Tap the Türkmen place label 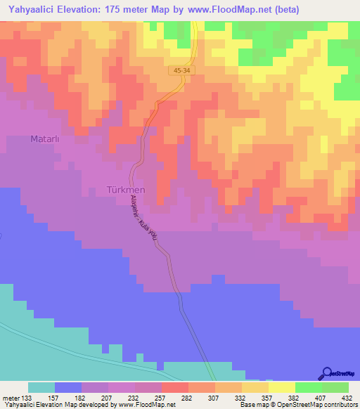click(x=125, y=190)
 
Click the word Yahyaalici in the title click(x=34, y=10)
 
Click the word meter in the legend click(x=9, y=397)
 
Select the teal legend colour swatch click(x=41, y=387)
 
